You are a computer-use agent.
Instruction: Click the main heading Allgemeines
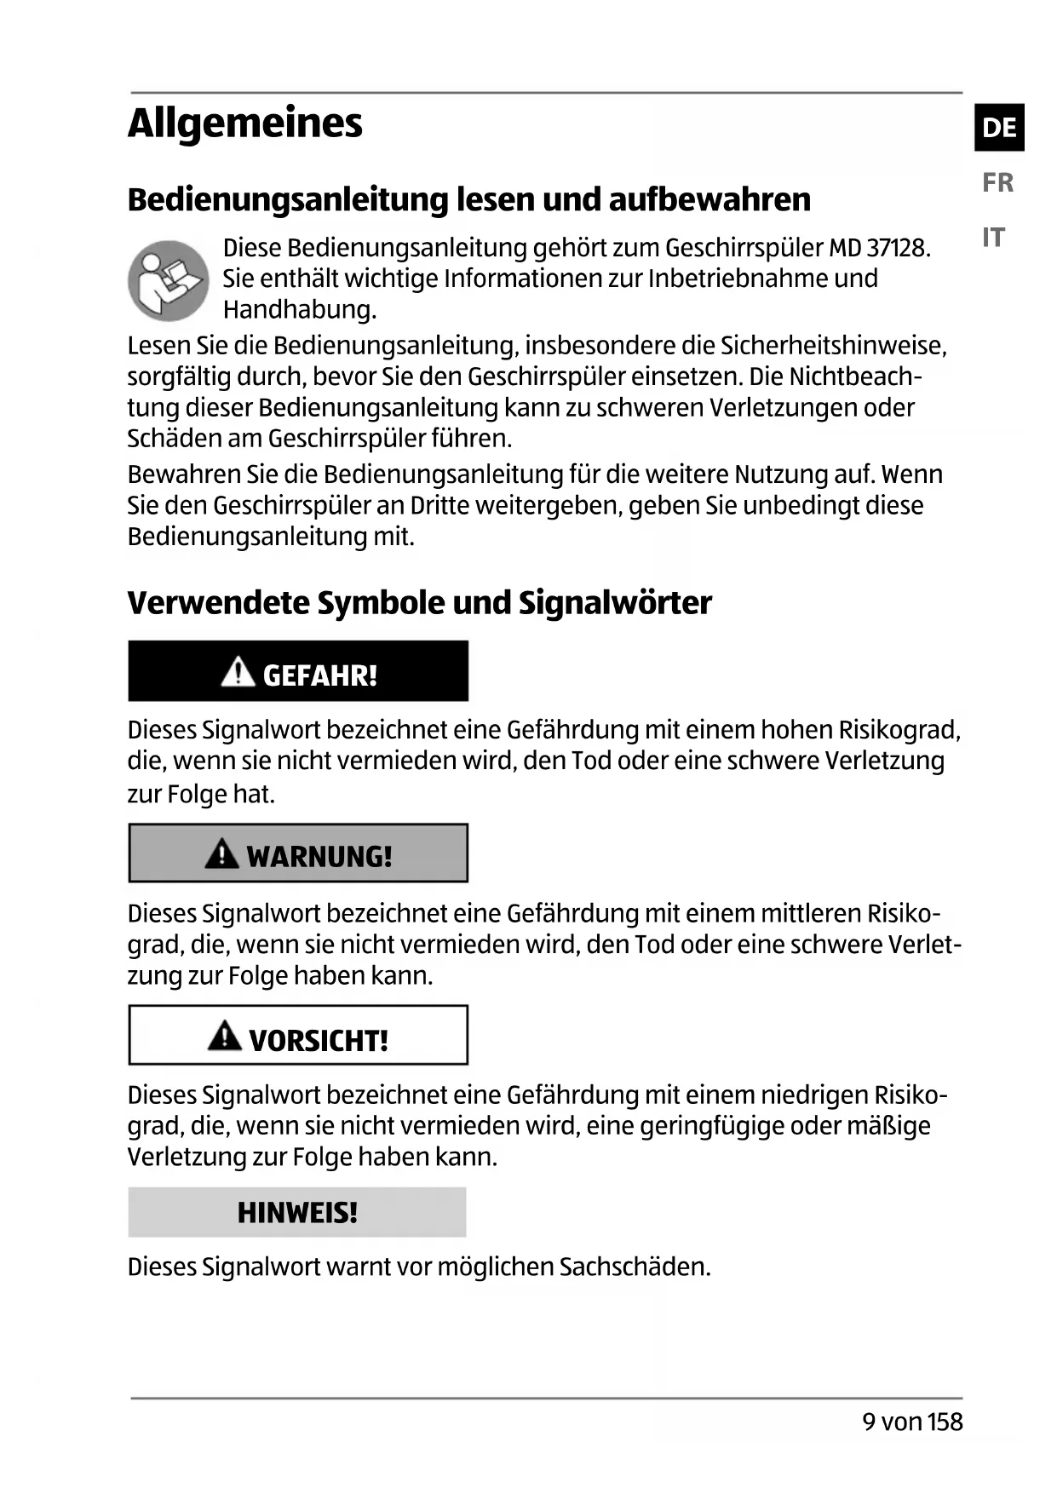click(x=244, y=124)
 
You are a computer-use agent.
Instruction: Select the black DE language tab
click(x=999, y=128)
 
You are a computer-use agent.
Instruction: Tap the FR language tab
click(x=997, y=182)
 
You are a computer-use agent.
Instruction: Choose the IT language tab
click(x=993, y=237)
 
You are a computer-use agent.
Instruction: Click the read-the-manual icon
click(x=168, y=280)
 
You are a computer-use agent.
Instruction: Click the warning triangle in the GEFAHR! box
click(x=238, y=672)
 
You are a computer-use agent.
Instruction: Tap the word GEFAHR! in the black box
click(x=319, y=675)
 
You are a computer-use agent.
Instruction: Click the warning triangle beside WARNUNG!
click(x=221, y=853)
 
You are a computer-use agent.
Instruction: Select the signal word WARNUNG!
click(x=319, y=856)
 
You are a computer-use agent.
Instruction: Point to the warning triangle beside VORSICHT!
click(x=224, y=1036)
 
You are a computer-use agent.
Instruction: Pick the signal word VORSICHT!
click(x=319, y=1040)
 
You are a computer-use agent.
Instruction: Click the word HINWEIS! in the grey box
click(x=297, y=1212)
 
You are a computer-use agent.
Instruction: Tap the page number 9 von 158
click(x=912, y=1422)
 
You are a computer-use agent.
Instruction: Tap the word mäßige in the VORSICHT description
click(x=888, y=1126)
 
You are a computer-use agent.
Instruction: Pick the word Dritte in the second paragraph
click(x=439, y=506)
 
